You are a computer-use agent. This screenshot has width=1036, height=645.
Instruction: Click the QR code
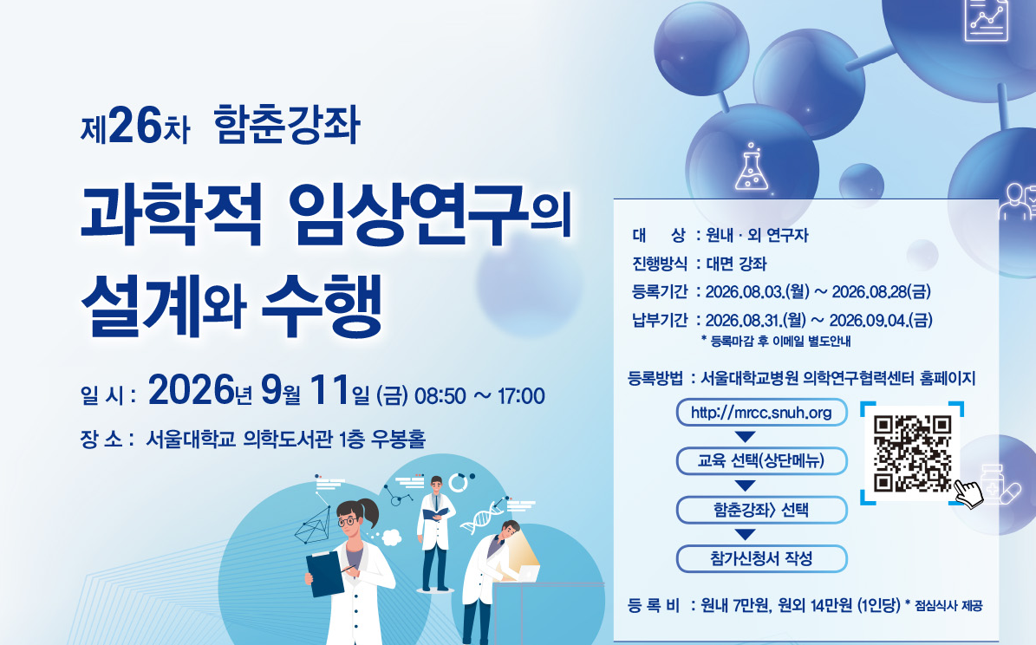click(x=912, y=453)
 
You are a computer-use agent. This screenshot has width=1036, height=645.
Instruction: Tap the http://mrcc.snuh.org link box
click(x=761, y=413)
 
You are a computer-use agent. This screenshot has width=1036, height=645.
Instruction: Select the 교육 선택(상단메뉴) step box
click(x=761, y=460)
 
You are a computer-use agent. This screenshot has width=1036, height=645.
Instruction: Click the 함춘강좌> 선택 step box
click(x=761, y=510)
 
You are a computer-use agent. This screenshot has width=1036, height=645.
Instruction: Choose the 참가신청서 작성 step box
click(x=761, y=558)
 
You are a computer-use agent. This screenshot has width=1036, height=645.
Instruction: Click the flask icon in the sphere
click(x=752, y=167)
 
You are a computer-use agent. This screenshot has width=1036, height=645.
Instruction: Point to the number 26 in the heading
click(x=134, y=125)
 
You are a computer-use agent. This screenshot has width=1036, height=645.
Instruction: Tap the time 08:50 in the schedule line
click(x=440, y=396)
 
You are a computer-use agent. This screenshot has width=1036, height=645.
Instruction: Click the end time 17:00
click(x=521, y=396)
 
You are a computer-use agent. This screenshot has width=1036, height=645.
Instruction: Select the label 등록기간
click(x=660, y=291)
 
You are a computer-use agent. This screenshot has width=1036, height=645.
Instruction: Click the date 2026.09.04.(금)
click(x=881, y=320)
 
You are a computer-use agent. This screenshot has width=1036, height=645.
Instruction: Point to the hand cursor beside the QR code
click(x=968, y=494)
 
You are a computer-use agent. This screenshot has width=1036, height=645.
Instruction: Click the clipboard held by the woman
click(x=325, y=573)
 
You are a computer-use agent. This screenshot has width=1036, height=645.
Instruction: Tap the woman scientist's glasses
click(x=347, y=521)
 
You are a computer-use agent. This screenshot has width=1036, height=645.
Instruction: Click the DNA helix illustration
click(x=482, y=517)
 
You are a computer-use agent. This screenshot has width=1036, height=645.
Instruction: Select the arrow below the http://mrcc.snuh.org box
click(x=746, y=437)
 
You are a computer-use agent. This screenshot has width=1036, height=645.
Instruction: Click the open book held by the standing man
click(x=435, y=513)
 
